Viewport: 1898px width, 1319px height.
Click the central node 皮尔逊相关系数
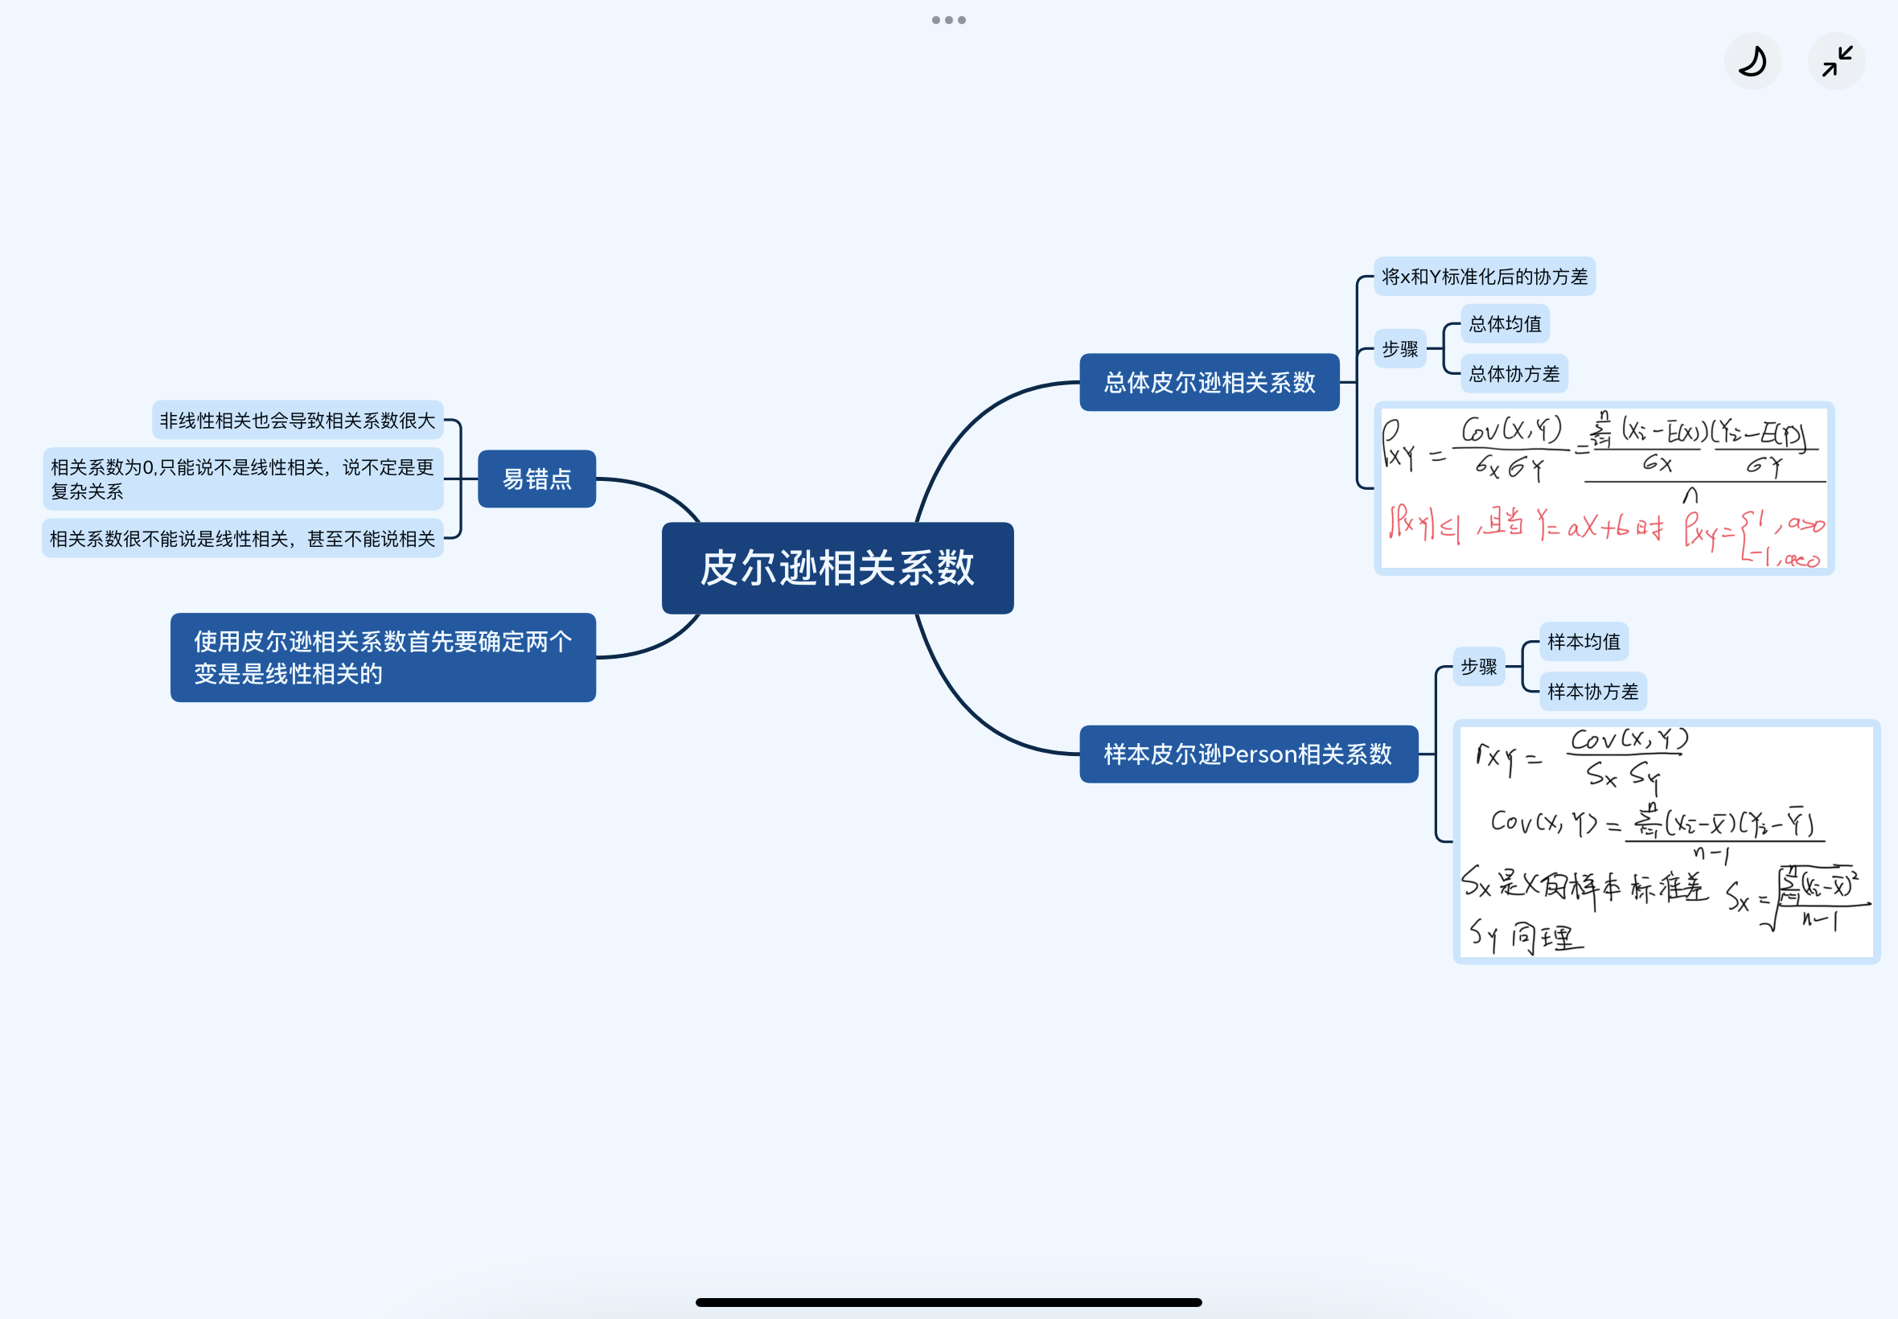[x=837, y=568]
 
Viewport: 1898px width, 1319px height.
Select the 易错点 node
[x=536, y=479]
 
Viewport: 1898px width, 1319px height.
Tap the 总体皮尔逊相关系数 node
[x=1209, y=382]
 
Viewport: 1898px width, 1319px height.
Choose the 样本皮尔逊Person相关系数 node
[x=1247, y=754]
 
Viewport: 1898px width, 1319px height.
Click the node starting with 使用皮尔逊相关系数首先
[x=383, y=657]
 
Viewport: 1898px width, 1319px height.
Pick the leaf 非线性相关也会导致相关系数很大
[x=298, y=420]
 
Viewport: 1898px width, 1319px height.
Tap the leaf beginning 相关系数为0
[x=242, y=479]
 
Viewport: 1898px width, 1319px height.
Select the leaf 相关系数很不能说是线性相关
[x=242, y=538]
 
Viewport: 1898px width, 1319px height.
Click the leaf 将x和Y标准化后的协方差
[x=1484, y=276]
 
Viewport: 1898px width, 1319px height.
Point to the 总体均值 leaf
[x=1505, y=323]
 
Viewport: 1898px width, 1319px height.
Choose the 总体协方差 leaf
[x=1514, y=373]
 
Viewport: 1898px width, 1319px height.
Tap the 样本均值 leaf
[x=1584, y=641]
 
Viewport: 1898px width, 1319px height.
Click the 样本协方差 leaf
[x=1592, y=691]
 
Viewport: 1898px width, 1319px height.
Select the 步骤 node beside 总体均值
[x=1399, y=349]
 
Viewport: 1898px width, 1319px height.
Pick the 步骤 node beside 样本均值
[x=1478, y=666]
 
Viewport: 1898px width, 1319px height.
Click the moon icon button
[x=1752, y=61]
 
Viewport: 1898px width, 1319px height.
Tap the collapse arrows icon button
[x=1836, y=61]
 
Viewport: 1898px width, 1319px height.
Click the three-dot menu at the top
[x=948, y=20]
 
